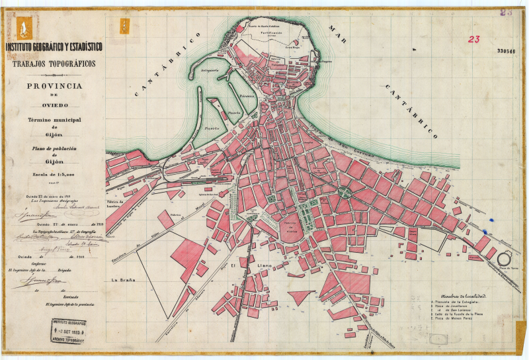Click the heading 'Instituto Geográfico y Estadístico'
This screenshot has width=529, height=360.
click(54, 47)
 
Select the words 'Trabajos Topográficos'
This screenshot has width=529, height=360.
click(53, 64)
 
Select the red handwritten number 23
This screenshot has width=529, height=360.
click(473, 39)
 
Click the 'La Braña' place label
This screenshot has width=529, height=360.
click(124, 279)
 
